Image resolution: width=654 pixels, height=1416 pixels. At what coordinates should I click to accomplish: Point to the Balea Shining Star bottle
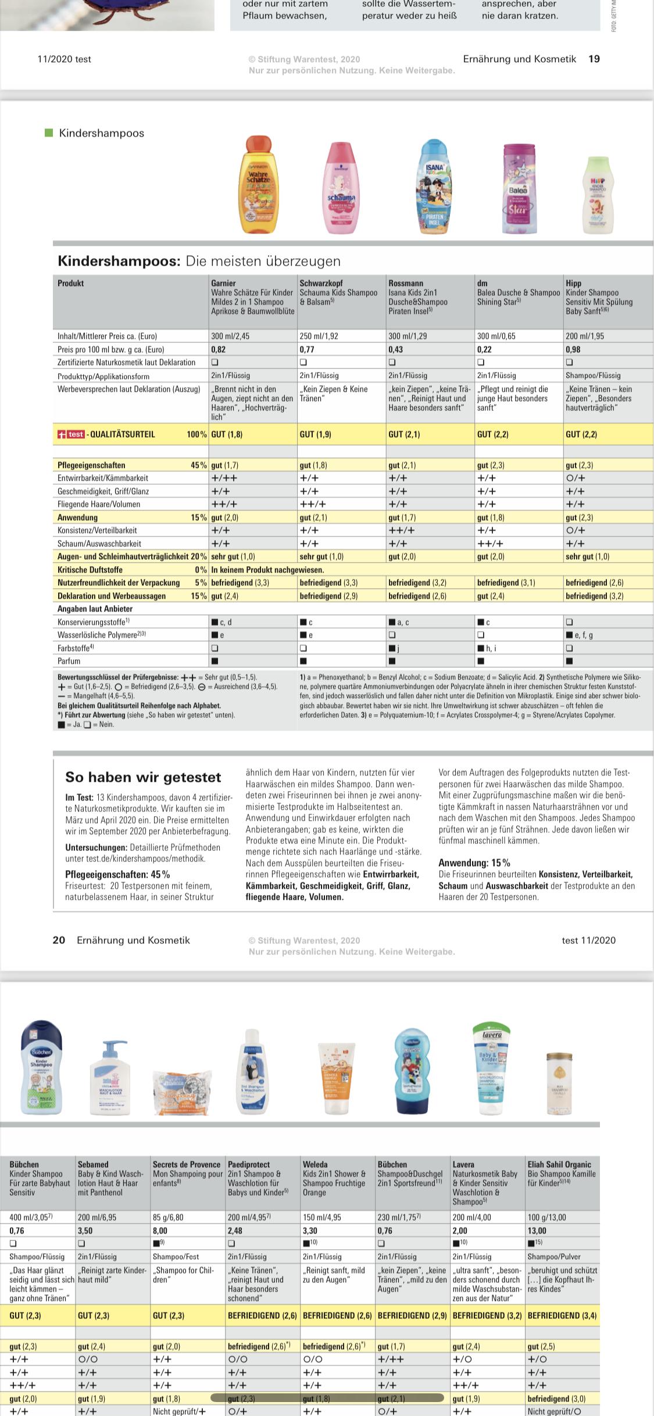[519, 188]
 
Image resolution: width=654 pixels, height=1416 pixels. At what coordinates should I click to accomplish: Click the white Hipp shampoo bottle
[598, 195]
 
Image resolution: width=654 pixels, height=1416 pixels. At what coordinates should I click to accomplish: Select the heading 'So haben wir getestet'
[143, 777]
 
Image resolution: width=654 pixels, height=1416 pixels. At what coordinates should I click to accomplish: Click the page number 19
[594, 59]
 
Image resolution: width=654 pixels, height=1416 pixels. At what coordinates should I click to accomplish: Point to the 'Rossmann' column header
[406, 283]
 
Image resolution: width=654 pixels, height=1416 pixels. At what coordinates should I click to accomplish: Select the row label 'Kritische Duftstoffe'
[90, 570]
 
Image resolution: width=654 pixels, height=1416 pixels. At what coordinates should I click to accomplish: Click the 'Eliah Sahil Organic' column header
[559, 1164]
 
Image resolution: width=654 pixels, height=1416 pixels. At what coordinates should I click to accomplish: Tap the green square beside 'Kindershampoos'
[49, 133]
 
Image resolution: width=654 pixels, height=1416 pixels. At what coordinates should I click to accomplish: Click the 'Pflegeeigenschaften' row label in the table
[91, 465]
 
